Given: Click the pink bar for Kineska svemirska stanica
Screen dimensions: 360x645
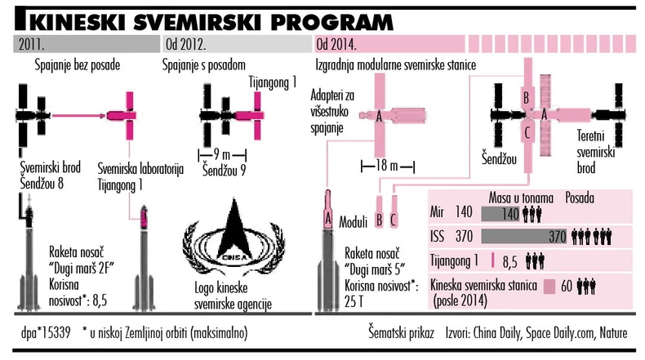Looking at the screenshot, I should (x=550, y=287).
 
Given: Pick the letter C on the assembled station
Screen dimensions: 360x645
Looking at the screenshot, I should (x=528, y=130).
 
